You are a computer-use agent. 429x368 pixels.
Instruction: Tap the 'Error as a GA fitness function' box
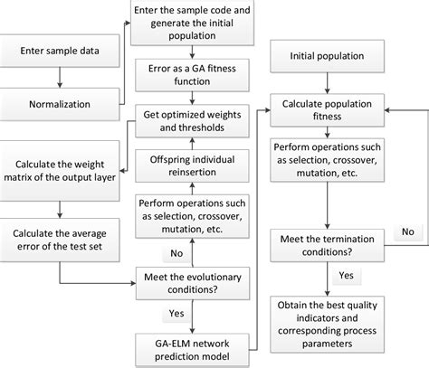pyautogui.click(x=192, y=75)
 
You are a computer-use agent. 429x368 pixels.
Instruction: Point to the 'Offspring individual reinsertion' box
pyautogui.click(x=192, y=165)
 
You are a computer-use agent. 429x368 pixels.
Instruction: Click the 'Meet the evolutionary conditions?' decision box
pyautogui.click(x=192, y=278)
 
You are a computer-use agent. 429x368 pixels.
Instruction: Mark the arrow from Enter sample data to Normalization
pyautogui.click(x=59, y=79)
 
